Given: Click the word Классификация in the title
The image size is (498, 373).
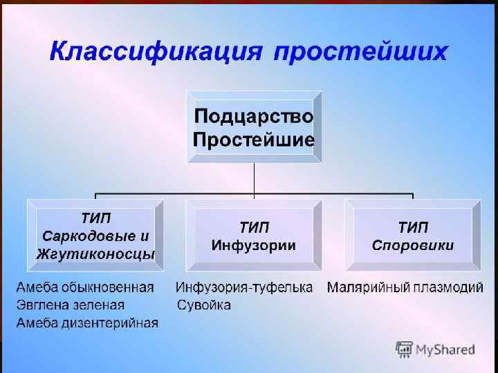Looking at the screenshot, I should pyautogui.click(x=154, y=52).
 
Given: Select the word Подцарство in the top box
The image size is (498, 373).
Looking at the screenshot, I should pyautogui.click(x=254, y=115).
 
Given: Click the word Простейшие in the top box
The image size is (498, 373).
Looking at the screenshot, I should pyautogui.click(x=254, y=140).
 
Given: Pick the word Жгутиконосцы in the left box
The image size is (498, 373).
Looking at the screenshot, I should pyautogui.click(x=95, y=254).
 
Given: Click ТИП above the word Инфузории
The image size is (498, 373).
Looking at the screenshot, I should pyautogui.click(x=254, y=227).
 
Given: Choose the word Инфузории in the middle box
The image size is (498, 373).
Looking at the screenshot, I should pyautogui.click(x=254, y=245).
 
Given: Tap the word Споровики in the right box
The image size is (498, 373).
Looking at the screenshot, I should pyautogui.click(x=413, y=245).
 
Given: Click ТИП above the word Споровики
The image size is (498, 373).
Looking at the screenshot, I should pyautogui.click(x=413, y=227).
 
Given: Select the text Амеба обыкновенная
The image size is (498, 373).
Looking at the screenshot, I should pyautogui.click(x=85, y=287).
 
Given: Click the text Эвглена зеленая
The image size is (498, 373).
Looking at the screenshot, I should pyautogui.click(x=71, y=305).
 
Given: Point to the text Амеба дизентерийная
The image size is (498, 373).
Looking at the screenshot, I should pyautogui.click(x=87, y=323).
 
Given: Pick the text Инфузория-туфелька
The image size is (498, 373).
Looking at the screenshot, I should pyautogui.click(x=244, y=287).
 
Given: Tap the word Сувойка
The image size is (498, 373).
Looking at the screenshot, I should pyautogui.click(x=204, y=305).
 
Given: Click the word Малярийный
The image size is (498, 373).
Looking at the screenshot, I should pyautogui.click(x=369, y=287).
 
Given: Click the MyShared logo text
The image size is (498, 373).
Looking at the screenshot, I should pyautogui.click(x=445, y=350).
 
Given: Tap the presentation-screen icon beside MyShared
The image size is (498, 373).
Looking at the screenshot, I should pyautogui.click(x=405, y=350).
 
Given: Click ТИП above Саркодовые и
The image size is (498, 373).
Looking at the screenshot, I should pyautogui.click(x=95, y=218).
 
